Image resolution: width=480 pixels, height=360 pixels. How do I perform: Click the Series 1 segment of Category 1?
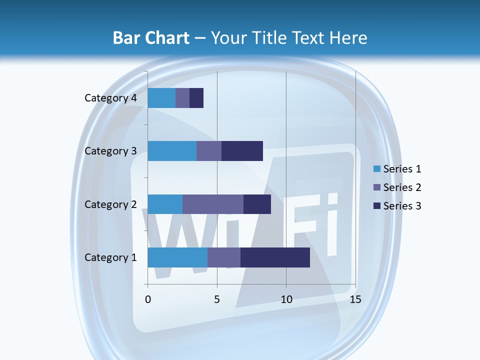[x=177, y=257]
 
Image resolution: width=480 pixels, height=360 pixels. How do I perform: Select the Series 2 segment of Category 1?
[x=224, y=257]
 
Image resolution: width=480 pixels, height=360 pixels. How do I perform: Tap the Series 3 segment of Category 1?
[x=275, y=257]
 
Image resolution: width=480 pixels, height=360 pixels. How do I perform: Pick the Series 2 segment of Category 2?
[x=213, y=204]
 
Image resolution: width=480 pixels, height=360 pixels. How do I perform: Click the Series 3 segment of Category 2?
[x=257, y=204]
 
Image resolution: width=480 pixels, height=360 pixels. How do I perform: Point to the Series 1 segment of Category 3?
[x=172, y=151]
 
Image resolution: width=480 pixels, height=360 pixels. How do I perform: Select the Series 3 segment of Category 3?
[x=242, y=151]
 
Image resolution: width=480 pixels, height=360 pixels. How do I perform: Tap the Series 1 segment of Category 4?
[x=161, y=98]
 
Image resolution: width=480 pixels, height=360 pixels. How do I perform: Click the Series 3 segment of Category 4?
[x=196, y=98]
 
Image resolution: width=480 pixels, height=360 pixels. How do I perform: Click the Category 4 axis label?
[x=110, y=98]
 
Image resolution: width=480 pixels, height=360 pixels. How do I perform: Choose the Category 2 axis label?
[x=110, y=204]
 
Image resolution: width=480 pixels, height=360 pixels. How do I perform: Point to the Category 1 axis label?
[x=110, y=257]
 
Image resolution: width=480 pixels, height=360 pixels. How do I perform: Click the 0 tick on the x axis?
[x=148, y=299]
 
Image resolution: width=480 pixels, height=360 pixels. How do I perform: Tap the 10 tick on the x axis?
[x=286, y=299]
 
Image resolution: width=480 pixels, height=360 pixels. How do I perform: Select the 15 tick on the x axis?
[x=355, y=299]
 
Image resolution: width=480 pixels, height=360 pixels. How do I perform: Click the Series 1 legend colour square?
[x=376, y=169]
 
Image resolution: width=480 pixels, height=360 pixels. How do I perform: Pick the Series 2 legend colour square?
[x=376, y=187]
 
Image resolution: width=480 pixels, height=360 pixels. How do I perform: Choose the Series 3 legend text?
[x=402, y=206]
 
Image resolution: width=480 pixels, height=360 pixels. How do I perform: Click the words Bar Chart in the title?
[x=151, y=38]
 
